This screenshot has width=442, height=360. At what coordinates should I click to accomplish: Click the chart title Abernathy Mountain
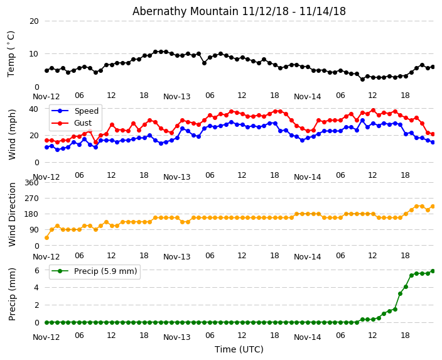(239, 11)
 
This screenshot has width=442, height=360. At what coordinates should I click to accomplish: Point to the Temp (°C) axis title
(11, 53)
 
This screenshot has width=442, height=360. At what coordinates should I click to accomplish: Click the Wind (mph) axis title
(13, 134)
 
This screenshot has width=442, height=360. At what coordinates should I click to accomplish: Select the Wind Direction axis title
(13, 214)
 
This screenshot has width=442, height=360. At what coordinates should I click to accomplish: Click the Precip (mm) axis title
(13, 294)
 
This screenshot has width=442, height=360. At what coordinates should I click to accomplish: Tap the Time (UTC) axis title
(239, 349)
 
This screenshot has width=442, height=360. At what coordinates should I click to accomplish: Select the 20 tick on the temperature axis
(33, 21)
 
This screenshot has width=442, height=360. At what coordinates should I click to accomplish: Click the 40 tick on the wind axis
(33, 109)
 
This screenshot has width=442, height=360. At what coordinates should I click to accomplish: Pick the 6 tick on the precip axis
(36, 271)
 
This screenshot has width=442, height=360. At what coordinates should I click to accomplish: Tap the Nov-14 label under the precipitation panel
(307, 337)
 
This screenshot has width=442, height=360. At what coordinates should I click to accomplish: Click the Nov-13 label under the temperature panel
(176, 97)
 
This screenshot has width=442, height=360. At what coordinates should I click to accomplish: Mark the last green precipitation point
(433, 271)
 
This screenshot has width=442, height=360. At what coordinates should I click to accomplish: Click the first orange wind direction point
(46, 237)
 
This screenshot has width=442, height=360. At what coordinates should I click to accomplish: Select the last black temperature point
(433, 67)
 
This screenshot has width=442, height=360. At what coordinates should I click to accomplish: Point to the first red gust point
(46, 140)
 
